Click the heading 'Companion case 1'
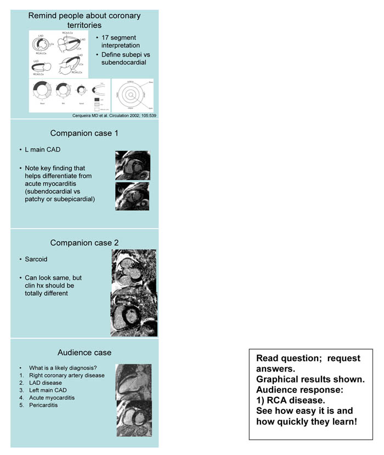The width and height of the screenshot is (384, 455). (x=84, y=133)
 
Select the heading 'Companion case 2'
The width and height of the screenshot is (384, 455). (x=84, y=243)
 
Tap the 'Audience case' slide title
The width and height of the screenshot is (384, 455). (x=84, y=352)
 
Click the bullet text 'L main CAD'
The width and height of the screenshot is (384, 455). (x=43, y=149)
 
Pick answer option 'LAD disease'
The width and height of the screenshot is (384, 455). (x=46, y=383)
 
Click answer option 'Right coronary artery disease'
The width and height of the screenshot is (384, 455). (x=68, y=375)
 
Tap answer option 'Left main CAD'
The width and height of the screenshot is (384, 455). (x=49, y=390)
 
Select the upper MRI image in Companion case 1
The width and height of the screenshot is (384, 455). (x=132, y=165)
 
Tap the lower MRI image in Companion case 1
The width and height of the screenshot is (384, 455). (x=132, y=196)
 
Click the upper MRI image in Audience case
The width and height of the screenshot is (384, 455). (x=133, y=382)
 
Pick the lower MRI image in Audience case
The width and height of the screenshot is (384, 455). (x=133, y=418)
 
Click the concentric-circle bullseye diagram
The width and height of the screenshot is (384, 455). (x=133, y=95)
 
